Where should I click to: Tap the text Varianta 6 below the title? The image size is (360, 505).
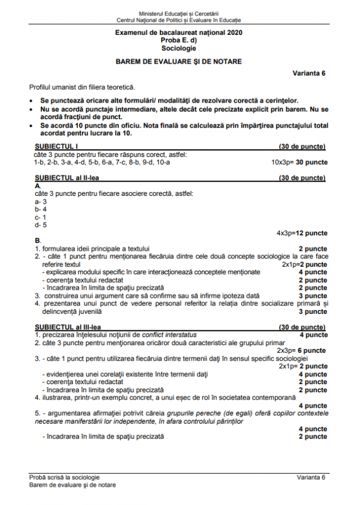309,73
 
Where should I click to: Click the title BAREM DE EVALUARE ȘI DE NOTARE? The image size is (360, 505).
178,61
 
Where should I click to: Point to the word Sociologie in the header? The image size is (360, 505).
178,48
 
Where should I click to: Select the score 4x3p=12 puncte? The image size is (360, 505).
302,233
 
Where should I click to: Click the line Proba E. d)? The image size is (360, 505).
178,41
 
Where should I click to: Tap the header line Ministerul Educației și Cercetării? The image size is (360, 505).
178,12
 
